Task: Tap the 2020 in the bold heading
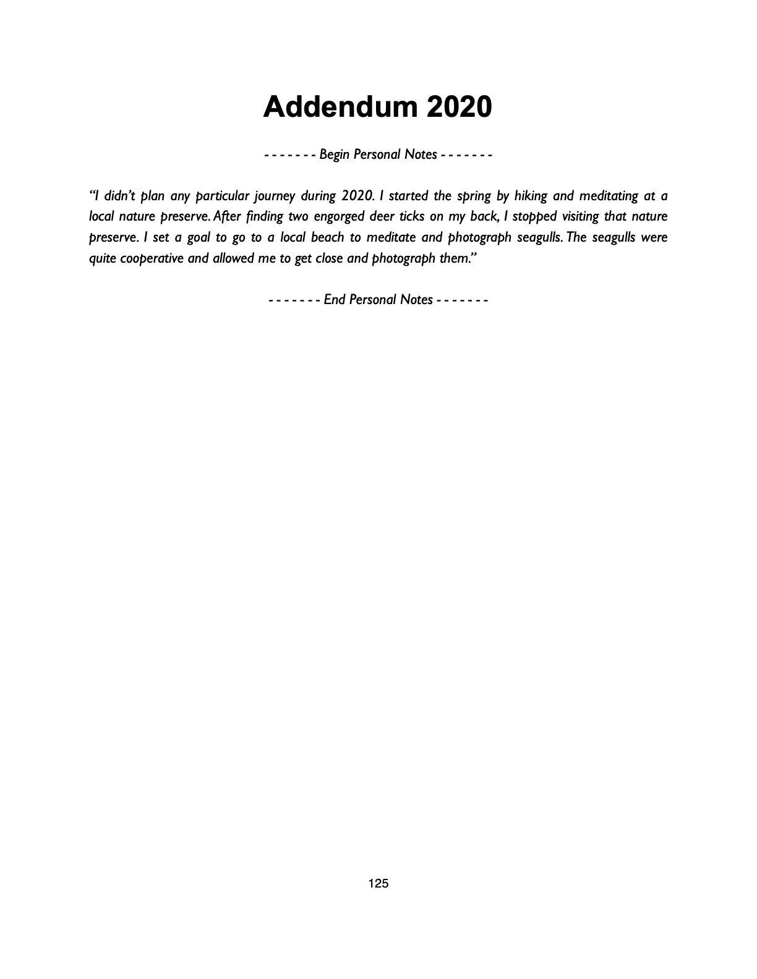pyautogui.click(x=459, y=107)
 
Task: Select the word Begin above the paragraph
pyautogui.click(x=335, y=155)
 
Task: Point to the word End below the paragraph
pyautogui.click(x=335, y=300)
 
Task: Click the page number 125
pyautogui.click(x=378, y=883)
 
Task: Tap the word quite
pyautogui.click(x=102, y=258)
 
